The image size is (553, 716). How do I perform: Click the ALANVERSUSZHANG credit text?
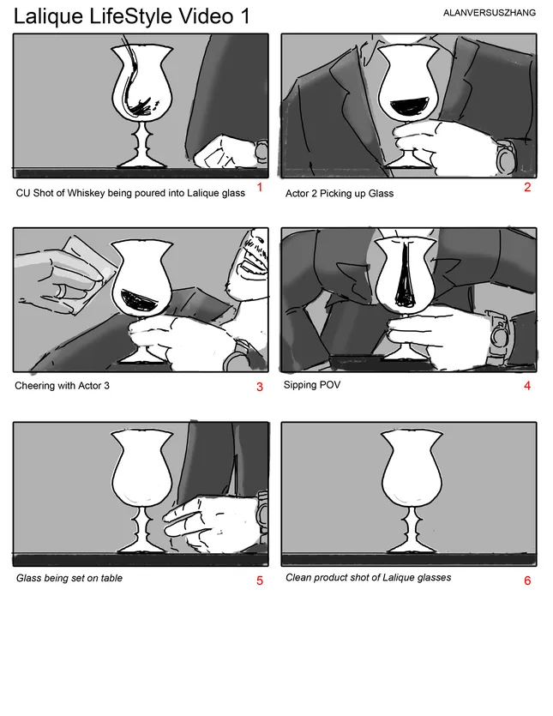pyautogui.click(x=489, y=13)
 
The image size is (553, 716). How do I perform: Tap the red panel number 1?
pyautogui.click(x=260, y=187)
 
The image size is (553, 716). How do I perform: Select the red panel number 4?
pyautogui.click(x=527, y=386)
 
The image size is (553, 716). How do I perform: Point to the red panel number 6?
pyautogui.click(x=527, y=581)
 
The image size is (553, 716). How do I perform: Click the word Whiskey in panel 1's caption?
pyautogui.click(x=85, y=193)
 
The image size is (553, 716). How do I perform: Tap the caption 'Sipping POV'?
pyautogui.click(x=312, y=385)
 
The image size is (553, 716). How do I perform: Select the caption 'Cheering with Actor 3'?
pyautogui.click(x=62, y=386)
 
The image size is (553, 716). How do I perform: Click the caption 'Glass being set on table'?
pyautogui.click(x=69, y=578)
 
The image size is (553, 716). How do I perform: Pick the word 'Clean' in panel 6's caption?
pyautogui.click(x=298, y=578)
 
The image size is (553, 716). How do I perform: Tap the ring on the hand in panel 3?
pyautogui.click(x=61, y=292)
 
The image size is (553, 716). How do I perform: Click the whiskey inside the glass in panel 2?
pyautogui.click(x=410, y=106)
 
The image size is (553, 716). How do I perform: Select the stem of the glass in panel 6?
pyautogui.click(x=411, y=526)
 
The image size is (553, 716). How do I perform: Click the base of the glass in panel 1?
pyautogui.click(x=141, y=162)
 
